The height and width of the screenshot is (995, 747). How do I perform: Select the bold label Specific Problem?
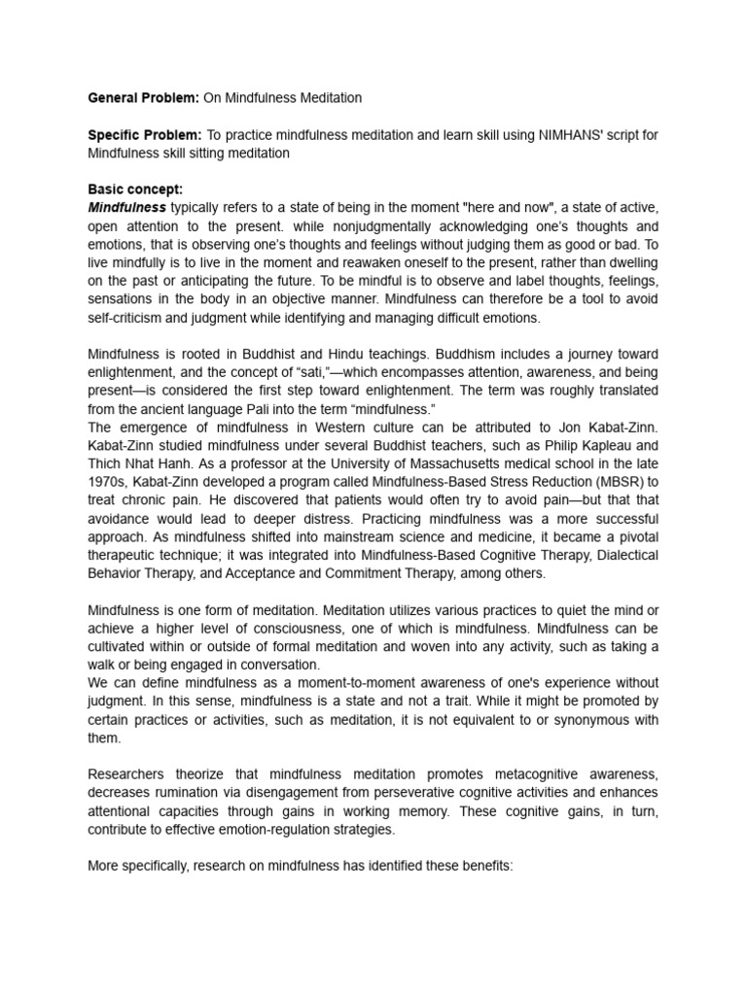[145, 135]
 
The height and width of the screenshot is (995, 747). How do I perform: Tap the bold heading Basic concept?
[135, 189]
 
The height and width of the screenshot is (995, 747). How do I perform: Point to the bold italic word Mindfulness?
[127, 208]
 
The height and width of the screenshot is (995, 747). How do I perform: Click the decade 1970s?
[109, 482]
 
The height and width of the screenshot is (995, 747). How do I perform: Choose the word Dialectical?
[622, 555]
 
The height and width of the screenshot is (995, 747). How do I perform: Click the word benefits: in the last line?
[481, 866]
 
